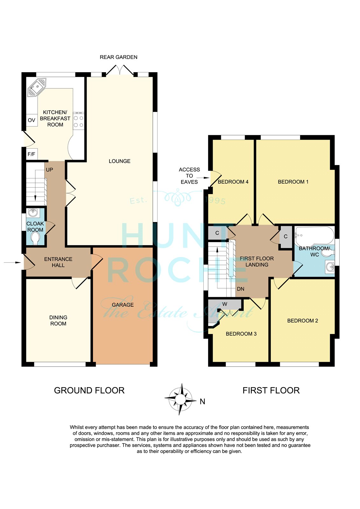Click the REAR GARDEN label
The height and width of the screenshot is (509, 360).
118,57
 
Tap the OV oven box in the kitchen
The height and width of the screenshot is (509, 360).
32,120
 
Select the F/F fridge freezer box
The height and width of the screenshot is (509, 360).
32,154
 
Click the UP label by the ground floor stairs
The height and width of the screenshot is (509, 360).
49,170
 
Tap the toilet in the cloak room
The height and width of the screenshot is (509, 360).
35,239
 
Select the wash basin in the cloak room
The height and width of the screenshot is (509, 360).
33,213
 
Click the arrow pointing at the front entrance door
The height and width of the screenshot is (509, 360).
12,262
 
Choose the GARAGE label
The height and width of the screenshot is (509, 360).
123,305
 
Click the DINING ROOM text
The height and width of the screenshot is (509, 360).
58,320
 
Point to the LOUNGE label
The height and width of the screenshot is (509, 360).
119,161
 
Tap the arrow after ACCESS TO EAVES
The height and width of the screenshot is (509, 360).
203,178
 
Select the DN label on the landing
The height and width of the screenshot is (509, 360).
241,289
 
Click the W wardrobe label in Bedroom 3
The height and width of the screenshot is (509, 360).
225,304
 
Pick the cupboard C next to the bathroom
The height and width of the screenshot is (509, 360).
286,237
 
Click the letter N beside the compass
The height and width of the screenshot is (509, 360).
202,402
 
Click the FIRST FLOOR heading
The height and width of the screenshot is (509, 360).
271,390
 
